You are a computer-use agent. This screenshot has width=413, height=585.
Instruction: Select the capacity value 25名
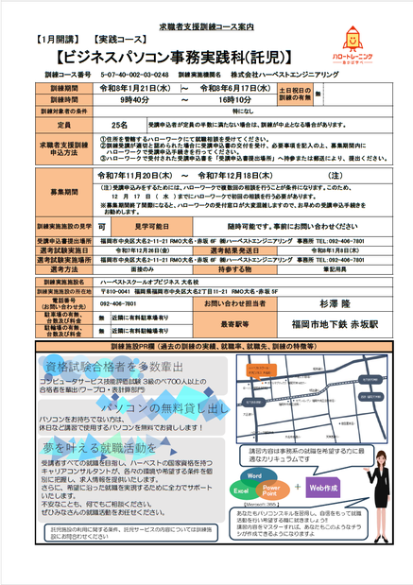tap(120, 124)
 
